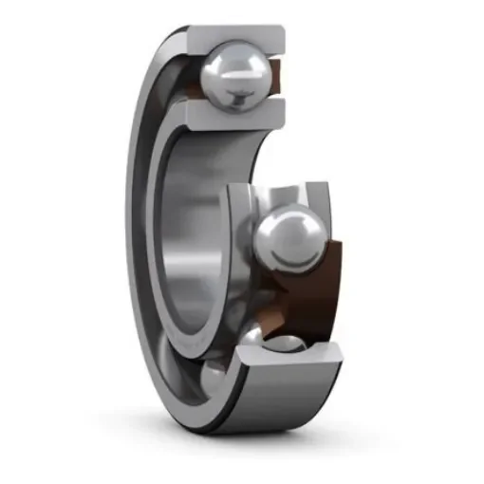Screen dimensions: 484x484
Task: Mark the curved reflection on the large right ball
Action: [285, 228]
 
